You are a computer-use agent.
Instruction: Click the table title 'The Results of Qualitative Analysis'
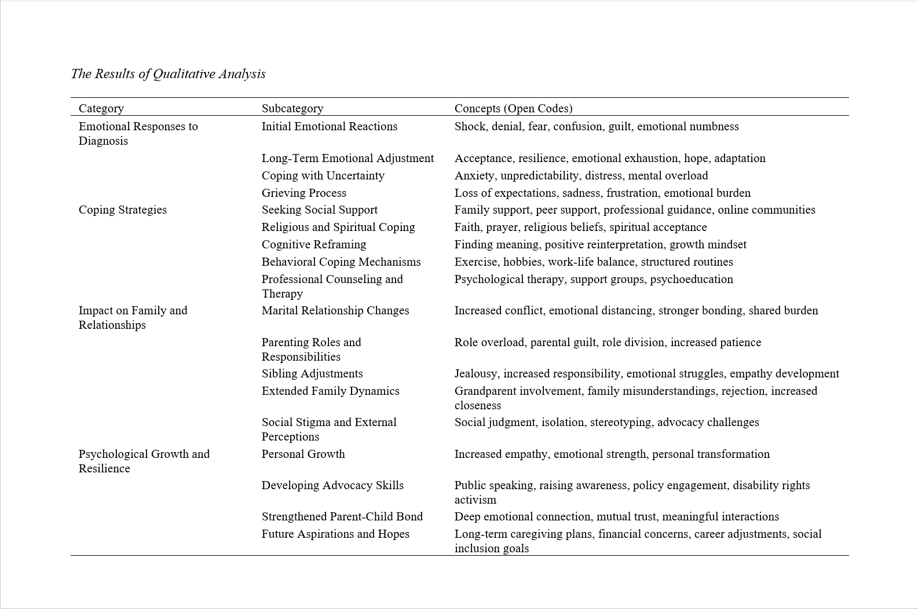click(x=168, y=74)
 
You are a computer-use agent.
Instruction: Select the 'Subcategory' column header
click(x=292, y=108)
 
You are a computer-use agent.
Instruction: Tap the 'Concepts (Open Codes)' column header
click(x=513, y=108)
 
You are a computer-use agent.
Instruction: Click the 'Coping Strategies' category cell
click(x=122, y=210)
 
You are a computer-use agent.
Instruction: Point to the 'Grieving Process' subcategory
click(x=303, y=193)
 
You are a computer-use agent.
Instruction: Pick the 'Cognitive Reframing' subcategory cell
click(x=313, y=245)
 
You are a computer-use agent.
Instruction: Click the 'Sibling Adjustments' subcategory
click(x=312, y=374)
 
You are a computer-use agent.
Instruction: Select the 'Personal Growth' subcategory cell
click(x=303, y=454)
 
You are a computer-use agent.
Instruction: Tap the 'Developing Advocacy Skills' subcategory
click(x=332, y=486)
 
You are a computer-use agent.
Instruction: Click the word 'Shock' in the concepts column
click(x=469, y=127)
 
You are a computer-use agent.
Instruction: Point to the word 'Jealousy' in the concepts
click(x=476, y=374)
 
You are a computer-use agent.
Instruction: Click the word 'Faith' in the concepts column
click(x=467, y=228)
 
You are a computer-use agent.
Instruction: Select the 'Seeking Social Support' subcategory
click(x=319, y=210)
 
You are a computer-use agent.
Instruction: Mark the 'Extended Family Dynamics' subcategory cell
click(x=330, y=391)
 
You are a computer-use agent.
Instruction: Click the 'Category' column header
click(x=101, y=108)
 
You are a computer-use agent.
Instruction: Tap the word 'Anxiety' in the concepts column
click(x=474, y=176)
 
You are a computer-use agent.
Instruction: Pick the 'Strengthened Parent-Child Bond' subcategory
click(x=342, y=517)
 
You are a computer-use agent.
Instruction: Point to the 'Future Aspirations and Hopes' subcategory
click(x=335, y=534)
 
